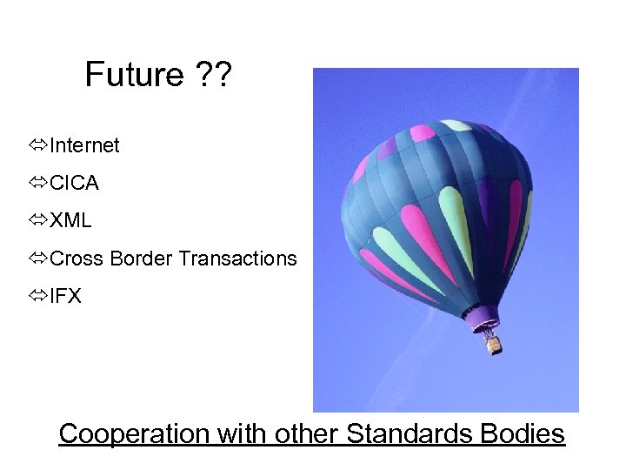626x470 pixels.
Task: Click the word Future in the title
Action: [x=134, y=76]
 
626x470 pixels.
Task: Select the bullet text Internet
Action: [x=84, y=145]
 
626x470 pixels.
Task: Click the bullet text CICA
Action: [x=75, y=184]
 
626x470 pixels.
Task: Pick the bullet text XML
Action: [x=70, y=221]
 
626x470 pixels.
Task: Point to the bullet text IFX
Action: [x=66, y=296]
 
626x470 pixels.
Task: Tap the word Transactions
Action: [x=237, y=258]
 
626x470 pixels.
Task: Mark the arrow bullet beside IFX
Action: [x=37, y=296]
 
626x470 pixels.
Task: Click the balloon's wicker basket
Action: [x=493, y=344]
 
